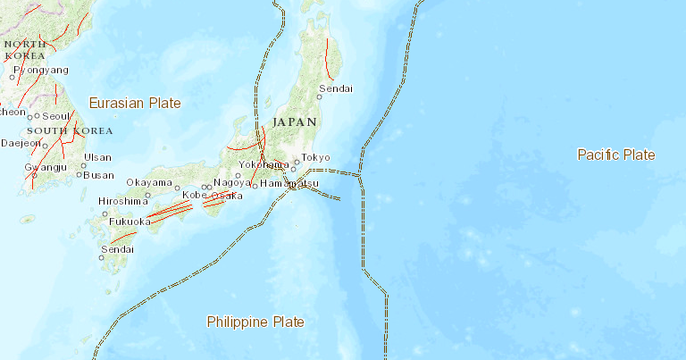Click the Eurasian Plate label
[134, 103]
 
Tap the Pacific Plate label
[615, 155]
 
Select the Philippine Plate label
[255, 322]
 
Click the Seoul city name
[55, 116]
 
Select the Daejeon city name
[21, 143]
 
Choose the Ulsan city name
[97, 157]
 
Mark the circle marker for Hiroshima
[105, 213]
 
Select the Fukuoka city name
[126, 222]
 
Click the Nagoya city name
[231, 182]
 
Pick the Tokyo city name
[315, 157]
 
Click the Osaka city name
[228, 196]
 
